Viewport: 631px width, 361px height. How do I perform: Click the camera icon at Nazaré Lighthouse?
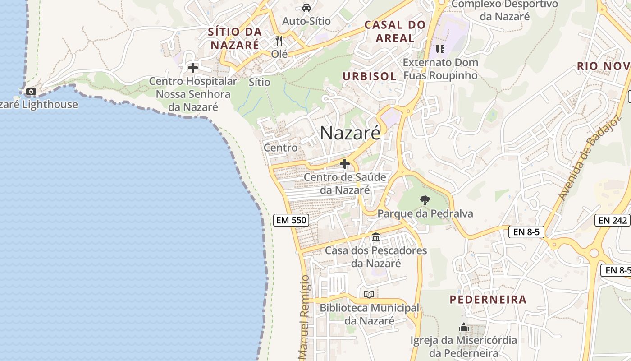pos(31,92)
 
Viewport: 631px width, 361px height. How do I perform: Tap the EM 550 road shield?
pos(291,220)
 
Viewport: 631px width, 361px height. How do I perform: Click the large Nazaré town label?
pos(350,133)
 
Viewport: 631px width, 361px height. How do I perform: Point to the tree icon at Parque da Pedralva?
pos(425,200)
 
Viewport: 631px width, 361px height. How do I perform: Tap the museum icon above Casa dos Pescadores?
pos(376,237)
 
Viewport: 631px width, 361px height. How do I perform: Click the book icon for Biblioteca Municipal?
pos(369,295)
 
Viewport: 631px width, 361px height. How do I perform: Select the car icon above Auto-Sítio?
pos(306,8)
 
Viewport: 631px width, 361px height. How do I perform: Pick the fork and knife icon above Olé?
pos(279,41)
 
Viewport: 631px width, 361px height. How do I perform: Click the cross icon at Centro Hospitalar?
pos(193,68)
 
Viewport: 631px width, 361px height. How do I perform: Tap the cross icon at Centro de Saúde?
pos(345,164)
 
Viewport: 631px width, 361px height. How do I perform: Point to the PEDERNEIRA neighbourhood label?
pos(488,300)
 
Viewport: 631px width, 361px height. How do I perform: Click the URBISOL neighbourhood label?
pos(370,76)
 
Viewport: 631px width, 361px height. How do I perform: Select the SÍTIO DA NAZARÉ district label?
pos(235,38)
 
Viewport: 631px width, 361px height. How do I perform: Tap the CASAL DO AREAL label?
pos(395,32)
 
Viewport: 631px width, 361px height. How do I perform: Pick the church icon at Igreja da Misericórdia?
pos(464,328)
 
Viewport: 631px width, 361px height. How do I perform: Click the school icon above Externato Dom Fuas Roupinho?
pos(440,49)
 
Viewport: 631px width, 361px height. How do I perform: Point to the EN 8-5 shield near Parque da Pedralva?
pos(526,232)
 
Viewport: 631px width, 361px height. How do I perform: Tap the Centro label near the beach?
pos(280,148)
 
